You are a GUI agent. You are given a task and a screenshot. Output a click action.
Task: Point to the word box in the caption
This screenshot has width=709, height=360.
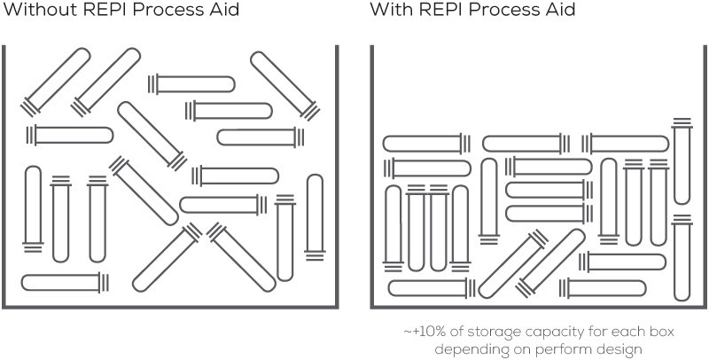(661, 332)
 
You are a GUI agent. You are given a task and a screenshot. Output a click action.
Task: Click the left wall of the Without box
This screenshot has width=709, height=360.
(4, 176)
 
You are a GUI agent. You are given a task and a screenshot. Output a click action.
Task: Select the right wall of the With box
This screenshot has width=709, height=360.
(705, 176)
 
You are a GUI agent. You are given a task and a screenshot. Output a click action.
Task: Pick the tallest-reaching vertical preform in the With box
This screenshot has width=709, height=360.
(682, 161)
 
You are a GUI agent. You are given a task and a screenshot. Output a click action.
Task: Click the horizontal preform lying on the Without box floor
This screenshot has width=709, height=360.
(65, 283)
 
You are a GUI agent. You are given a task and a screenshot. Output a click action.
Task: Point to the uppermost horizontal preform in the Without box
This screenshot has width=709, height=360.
(191, 84)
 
